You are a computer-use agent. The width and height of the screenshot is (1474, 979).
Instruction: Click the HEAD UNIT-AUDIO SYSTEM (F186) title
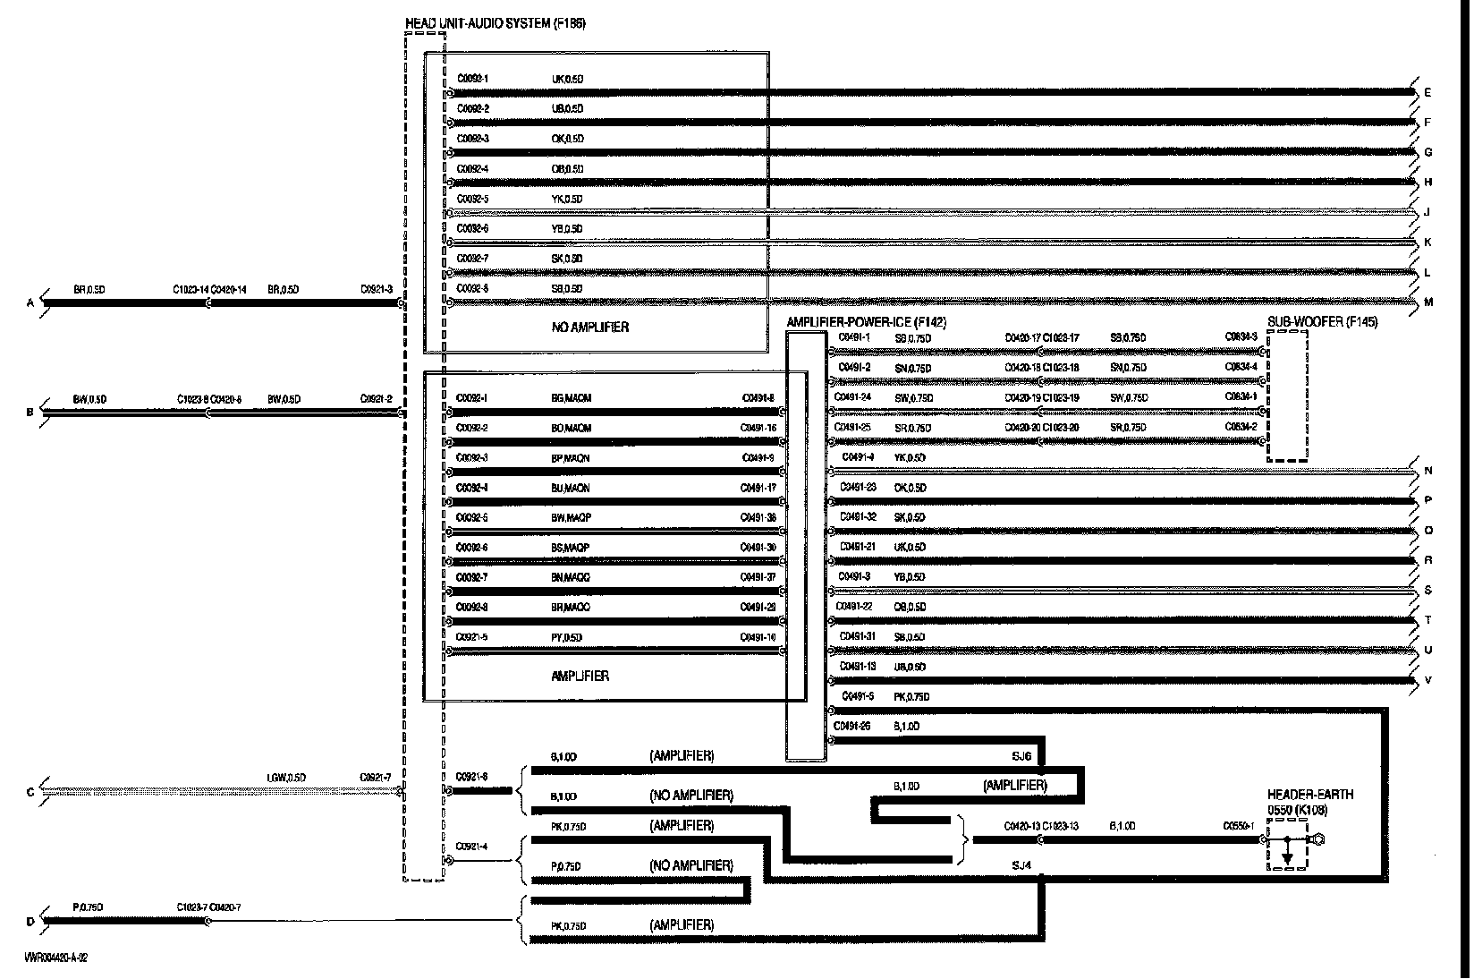(x=496, y=23)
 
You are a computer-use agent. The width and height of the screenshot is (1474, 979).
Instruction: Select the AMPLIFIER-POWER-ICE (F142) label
(x=866, y=322)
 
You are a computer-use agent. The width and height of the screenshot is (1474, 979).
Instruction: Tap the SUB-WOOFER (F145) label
(x=1322, y=322)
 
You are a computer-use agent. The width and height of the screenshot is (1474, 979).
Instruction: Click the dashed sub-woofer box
(x=1287, y=396)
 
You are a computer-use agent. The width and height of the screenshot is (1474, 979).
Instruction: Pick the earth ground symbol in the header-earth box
(x=1287, y=857)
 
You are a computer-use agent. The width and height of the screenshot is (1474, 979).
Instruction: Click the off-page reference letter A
(x=30, y=304)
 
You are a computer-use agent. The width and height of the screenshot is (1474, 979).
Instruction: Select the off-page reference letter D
(x=30, y=922)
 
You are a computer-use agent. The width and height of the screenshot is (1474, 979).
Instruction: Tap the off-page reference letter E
(x=1427, y=93)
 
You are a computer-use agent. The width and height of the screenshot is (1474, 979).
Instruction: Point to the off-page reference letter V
(x=1428, y=681)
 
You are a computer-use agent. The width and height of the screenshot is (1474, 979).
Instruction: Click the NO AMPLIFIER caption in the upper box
(x=589, y=328)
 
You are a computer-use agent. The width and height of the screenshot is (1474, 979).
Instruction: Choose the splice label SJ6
(x=1021, y=756)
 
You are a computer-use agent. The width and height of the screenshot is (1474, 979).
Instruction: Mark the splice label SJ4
(x=1021, y=865)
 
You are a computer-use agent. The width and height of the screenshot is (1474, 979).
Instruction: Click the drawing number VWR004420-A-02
(x=56, y=957)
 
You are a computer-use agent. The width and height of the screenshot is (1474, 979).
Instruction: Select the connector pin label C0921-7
(x=376, y=777)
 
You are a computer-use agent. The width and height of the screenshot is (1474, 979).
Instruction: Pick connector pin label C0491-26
(x=851, y=727)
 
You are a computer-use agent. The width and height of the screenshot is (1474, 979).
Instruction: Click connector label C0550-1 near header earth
(x=1240, y=826)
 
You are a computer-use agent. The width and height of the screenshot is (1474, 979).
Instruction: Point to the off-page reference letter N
(x=1428, y=472)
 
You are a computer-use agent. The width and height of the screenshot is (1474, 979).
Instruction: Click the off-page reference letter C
(x=30, y=792)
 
